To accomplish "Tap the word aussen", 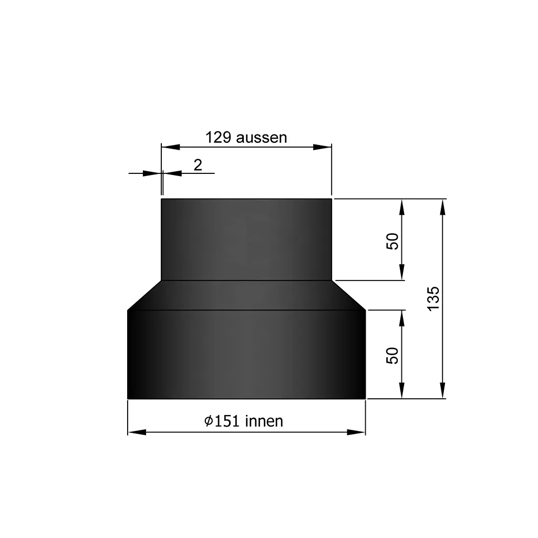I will pyautogui.click(x=262, y=138).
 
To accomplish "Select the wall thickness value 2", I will pyautogui.click(x=198, y=165).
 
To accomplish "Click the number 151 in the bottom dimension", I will pyautogui.click(x=227, y=421).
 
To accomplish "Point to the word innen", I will pyautogui.click(x=264, y=421).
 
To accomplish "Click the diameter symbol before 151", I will pyautogui.click(x=209, y=421).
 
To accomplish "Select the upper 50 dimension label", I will pyautogui.click(x=393, y=241).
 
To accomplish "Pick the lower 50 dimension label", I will pyautogui.click(x=393, y=355).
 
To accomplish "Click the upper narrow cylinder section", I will pyautogui.click(x=246, y=240).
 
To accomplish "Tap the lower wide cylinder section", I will pyautogui.click(x=246, y=355).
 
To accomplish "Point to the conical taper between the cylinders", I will pyautogui.click(x=246, y=295).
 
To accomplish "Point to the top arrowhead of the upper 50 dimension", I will pyautogui.click(x=402, y=207).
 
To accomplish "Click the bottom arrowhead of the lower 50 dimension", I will pyautogui.click(x=402, y=390).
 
